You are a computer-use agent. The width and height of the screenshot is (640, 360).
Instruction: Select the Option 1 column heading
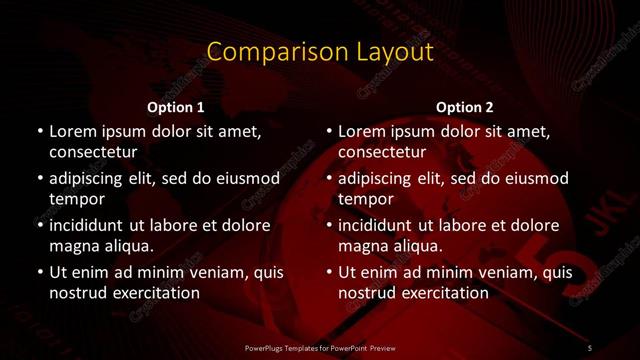tap(176, 106)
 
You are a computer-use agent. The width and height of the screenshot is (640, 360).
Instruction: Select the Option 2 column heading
tap(465, 106)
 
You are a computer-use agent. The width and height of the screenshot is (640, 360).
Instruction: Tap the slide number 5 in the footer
tap(590, 347)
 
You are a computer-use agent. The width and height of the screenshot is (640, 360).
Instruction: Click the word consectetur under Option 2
tap(381, 153)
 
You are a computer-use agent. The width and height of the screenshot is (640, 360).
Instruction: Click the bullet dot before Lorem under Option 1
tap(39, 132)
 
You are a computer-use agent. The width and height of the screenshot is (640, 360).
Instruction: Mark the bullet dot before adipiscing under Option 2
tap(328, 179)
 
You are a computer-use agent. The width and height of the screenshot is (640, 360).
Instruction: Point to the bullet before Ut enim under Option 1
tap(39, 272)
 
